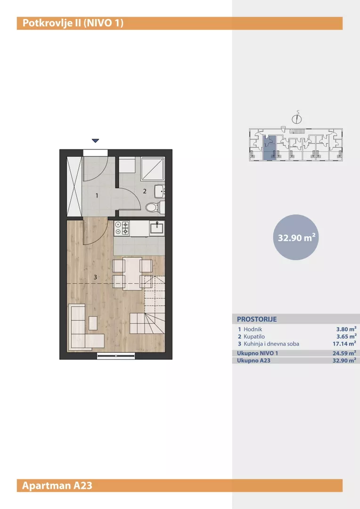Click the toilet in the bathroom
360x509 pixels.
[155, 207]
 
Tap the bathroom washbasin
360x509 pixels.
[160, 191]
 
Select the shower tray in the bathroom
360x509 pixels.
[153, 169]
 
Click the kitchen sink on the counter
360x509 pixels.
[157, 228]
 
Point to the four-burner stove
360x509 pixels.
[122, 228]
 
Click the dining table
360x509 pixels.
[132, 273]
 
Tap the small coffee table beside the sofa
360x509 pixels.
[93, 323]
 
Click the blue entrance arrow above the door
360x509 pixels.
[95, 141]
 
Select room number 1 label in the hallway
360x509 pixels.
[97, 196]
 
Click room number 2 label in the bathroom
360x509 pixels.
[145, 191]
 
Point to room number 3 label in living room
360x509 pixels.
[95, 277]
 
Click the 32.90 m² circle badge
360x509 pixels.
[296, 237]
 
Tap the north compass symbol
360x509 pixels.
[297, 119]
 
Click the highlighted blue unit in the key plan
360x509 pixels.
[269, 148]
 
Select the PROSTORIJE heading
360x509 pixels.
[257, 319]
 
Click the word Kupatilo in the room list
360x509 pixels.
[254, 337]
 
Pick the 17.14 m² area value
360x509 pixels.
[344, 344]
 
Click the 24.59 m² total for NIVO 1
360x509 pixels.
[344, 353]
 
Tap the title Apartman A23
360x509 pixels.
[57, 485]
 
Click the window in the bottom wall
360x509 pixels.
[116, 356]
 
